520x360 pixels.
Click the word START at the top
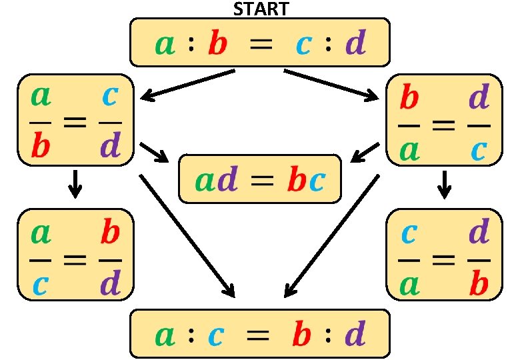[x=261, y=9]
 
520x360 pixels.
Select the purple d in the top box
[x=356, y=45]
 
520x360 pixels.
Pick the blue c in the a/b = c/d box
[x=111, y=98]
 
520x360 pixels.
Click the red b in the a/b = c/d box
[x=41, y=147]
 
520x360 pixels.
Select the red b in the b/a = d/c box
[x=409, y=98]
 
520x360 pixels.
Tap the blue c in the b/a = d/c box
[x=479, y=151]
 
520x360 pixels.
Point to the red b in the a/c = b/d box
[x=111, y=233]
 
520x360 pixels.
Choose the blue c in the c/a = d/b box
[x=409, y=234]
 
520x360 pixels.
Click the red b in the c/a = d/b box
[x=479, y=283]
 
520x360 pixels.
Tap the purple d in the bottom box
[x=356, y=334]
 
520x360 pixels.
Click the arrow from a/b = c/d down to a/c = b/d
[x=75, y=184]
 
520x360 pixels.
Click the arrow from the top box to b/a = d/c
[x=330, y=85]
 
